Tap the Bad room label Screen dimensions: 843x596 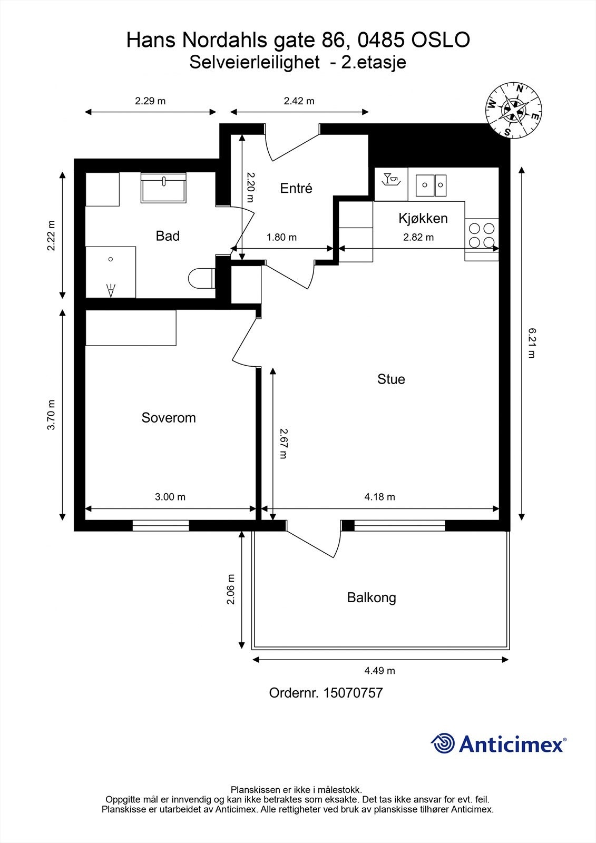coord(168,236)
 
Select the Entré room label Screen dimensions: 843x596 coord(296,188)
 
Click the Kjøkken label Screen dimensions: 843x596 coord(423,218)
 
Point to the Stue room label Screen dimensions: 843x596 coord(391,379)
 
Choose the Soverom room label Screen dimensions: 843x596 coord(169,418)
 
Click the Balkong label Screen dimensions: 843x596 coord(372,597)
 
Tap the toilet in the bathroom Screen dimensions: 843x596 coord(201,279)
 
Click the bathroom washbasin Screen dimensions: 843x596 coord(163,188)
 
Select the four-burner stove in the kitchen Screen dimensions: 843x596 coord(482,236)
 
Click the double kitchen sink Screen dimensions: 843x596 coord(431,185)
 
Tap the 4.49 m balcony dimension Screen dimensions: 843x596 coord(379,671)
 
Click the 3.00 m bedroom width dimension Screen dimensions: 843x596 coord(170,497)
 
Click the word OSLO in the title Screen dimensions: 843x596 coord(439,40)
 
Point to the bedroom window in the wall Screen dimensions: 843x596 coord(160,525)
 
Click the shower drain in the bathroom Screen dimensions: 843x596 coord(111,259)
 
